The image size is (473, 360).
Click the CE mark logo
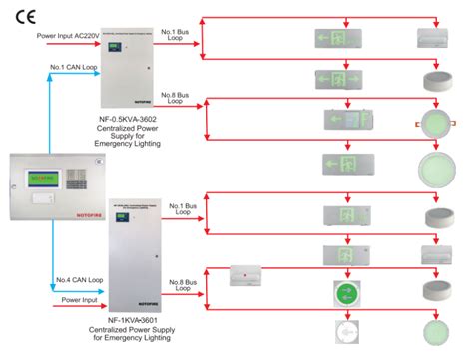click(x=22, y=16)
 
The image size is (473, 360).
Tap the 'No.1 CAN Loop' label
click(x=73, y=68)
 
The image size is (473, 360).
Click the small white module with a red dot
click(x=243, y=273)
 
